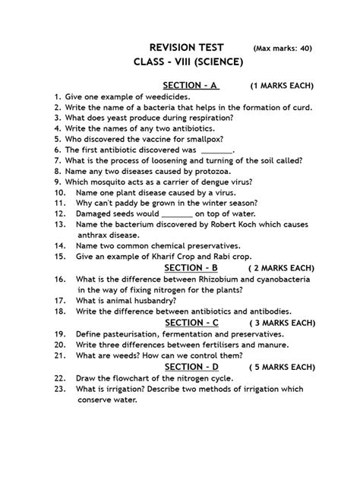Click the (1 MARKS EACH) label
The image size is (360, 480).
pyautogui.click(x=282, y=86)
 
